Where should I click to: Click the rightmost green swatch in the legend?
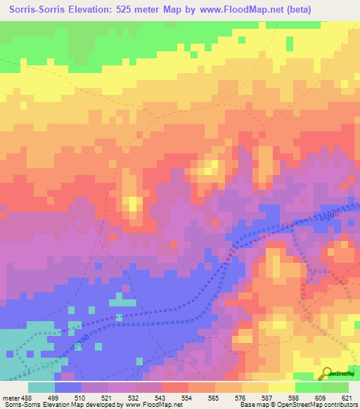point(335,387)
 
